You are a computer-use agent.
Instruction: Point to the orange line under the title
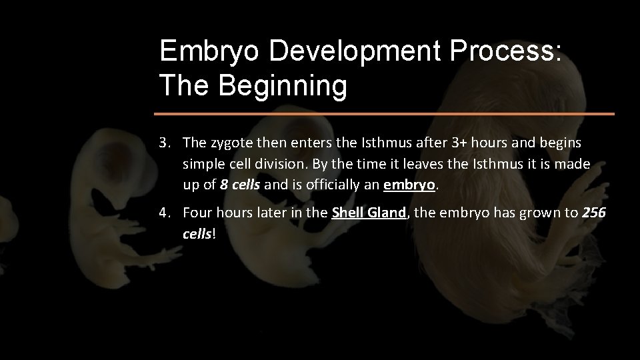386,114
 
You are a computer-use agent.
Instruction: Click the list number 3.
163,143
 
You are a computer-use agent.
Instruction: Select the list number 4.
163,213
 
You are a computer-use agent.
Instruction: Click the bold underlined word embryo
409,185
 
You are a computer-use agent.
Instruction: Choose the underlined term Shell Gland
369,213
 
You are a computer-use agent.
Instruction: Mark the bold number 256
594,213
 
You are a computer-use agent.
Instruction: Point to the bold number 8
223,185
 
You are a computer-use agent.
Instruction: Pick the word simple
203,164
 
